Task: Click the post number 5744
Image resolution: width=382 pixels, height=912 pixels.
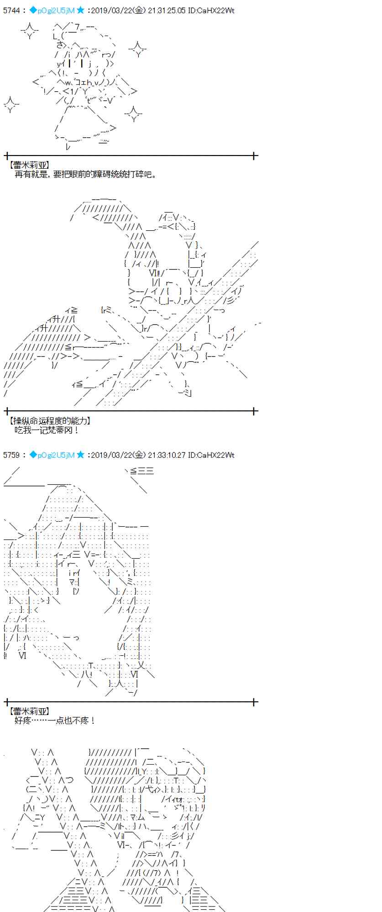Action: click(x=11, y=10)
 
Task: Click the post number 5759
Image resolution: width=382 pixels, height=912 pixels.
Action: click(x=11, y=455)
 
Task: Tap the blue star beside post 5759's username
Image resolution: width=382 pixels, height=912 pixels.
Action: click(x=80, y=455)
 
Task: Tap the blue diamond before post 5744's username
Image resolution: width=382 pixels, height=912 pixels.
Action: click(x=33, y=10)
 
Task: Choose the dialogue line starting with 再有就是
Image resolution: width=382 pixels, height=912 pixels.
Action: click(x=85, y=175)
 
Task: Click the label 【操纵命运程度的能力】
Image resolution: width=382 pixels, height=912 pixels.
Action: click(x=49, y=421)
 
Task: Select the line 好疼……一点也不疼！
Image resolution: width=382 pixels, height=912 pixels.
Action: click(x=55, y=720)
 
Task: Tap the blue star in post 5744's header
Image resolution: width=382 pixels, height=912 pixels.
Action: click(x=80, y=10)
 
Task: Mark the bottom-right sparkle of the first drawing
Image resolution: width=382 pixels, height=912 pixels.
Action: click(x=133, y=114)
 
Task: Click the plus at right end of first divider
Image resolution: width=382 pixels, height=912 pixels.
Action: click(x=254, y=156)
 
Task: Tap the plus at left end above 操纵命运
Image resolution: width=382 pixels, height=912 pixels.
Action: click(x=6, y=411)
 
